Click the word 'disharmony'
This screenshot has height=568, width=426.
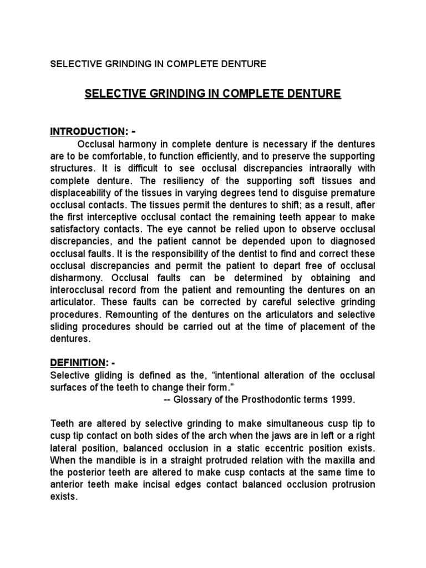[x=75, y=278]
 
